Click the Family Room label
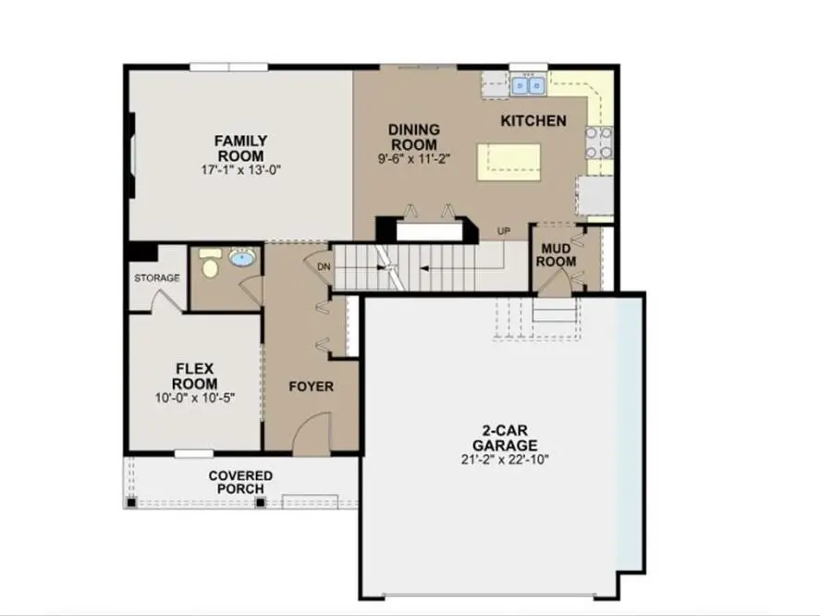[240, 148]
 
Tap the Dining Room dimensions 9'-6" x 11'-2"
[413, 158]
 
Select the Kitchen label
[533, 121]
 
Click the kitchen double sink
[528, 86]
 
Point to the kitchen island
[508, 162]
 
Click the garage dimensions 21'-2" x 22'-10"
[504, 459]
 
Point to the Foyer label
[311, 387]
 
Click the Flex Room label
[195, 376]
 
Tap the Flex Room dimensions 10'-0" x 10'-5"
[195, 398]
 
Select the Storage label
[156, 277]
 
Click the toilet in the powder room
[210, 265]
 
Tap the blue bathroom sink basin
[243, 258]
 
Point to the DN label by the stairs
[324, 266]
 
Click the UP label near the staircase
[504, 230]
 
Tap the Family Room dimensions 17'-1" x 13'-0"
[240, 170]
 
